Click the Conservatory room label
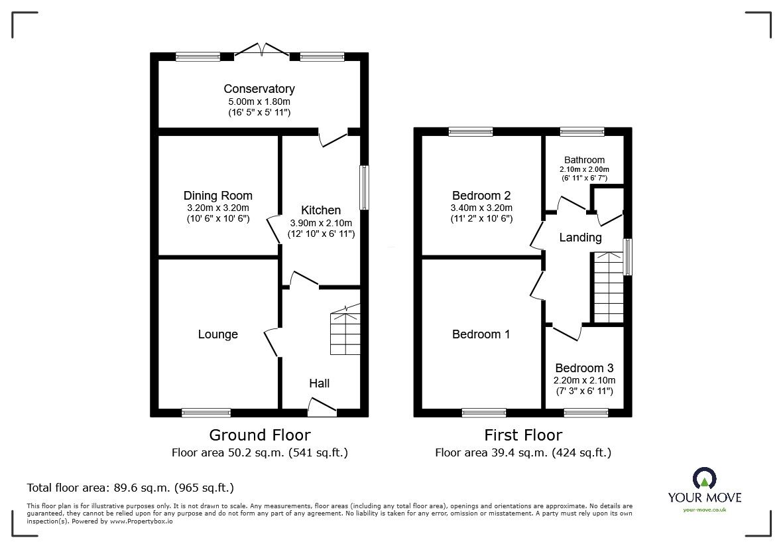[259, 89]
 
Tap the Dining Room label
[217, 196]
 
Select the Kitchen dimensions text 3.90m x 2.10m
[321, 223]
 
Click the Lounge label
[217, 334]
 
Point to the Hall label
[319, 383]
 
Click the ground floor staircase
[345, 331]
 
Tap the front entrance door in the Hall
[322, 407]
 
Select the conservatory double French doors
[263, 51]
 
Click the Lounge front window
[206, 413]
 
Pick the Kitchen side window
[364, 188]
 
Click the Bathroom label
[584, 160]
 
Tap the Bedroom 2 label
[481, 196]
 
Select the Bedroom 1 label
[481, 334]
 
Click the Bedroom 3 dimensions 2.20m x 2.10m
[585, 380]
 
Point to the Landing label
[580, 238]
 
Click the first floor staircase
[608, 287]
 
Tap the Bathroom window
[581, 131]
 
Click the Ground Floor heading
[259, 435]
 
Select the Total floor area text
[130, 488]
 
